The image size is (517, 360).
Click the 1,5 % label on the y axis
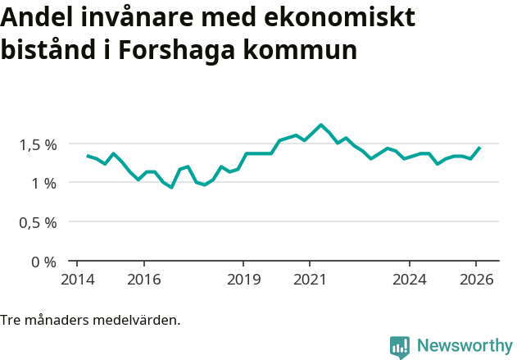(x=38, y=144)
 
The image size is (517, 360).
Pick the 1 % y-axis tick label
(x=44, y=183)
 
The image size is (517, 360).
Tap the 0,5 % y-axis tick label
(x=38, y=222)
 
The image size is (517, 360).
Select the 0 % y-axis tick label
(x=44, y=262)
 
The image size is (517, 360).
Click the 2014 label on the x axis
(x=76, y=279)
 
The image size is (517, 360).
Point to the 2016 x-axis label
(x=143, y=279)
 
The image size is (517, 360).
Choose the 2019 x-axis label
(x=243, y=279)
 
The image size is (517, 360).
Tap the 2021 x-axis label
(x=310, y=279)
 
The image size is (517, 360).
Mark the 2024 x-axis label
(x=410, y=279)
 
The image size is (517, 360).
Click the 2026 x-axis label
(x=477, y=279)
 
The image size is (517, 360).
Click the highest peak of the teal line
(x=320, y=125)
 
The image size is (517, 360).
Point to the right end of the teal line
(x=479, y=148)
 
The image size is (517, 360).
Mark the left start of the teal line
(x=87, y=156)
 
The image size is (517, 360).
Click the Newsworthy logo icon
(x=400, y=347)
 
